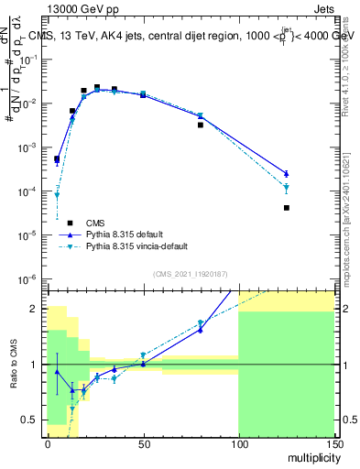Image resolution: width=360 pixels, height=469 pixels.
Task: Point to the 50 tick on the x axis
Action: pos(143,443)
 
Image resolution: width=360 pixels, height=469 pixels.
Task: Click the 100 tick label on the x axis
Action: pos(238,443)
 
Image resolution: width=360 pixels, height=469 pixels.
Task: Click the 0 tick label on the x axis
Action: pos(48,443)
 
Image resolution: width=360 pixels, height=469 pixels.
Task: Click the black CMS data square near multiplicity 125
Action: pos(287,208)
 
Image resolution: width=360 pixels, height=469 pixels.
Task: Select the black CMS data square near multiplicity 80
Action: pos(201,125)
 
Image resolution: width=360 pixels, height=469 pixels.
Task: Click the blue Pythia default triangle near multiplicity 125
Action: pos(287,173)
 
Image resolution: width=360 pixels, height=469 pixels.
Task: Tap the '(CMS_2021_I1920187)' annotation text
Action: pos(190,273)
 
